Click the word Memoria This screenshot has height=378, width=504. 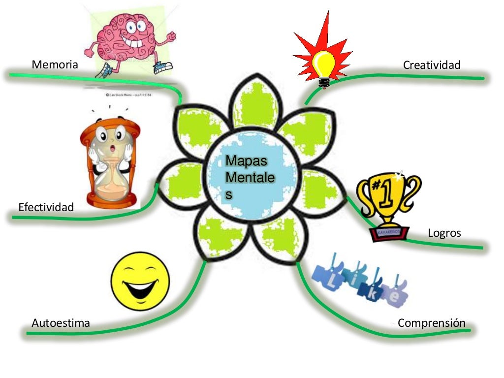[x=55, y=64]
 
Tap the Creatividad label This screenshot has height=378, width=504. [x=432, y=65]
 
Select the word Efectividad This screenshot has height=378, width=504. [x=46, y=207]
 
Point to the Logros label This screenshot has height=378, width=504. [x=444, y=233]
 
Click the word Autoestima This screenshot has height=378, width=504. [x=61, y=323]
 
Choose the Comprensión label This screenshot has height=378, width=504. [x=431, y=323]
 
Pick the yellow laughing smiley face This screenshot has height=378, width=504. [x=141, y=281]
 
